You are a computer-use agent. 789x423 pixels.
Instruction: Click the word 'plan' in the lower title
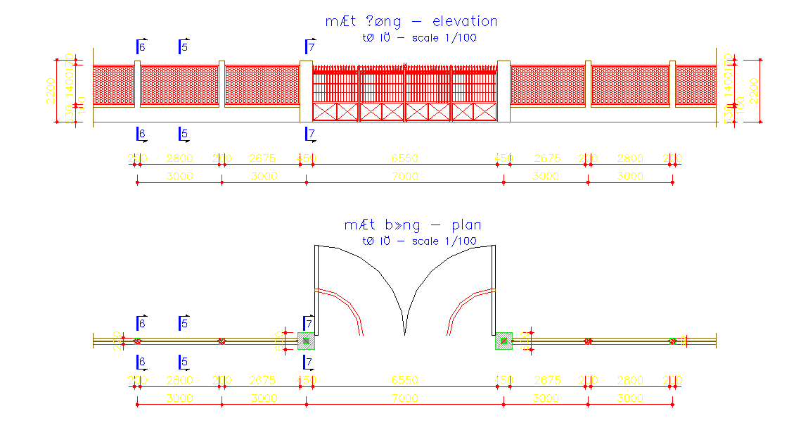coord(467,225)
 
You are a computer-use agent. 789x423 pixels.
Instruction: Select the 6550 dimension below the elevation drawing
coord(405,158)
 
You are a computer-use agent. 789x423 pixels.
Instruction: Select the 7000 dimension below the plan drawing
coord(405,398)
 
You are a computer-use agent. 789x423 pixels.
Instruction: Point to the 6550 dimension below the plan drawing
coord(405,380)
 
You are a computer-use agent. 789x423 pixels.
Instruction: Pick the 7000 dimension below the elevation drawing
coord(405,176)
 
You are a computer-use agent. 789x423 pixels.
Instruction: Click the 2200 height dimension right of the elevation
coord(753,91)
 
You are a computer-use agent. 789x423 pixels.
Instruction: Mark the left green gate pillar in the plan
coord(306,341)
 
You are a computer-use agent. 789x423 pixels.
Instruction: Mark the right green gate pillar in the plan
coord(504,341)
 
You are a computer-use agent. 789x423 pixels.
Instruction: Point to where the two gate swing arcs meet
coord(404,334)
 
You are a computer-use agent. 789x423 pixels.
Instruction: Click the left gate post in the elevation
coord(306,91)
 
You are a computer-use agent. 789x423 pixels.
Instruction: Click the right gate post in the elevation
coord(503,91)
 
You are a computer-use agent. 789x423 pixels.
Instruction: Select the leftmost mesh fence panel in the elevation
coord(113,85)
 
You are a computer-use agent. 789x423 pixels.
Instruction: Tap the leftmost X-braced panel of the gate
coord(324,111)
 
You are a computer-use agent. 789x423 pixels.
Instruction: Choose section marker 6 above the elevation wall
coord(141,47)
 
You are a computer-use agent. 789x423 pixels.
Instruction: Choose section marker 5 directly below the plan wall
coord(184,362)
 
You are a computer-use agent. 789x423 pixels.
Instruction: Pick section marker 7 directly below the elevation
coord(310,134)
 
